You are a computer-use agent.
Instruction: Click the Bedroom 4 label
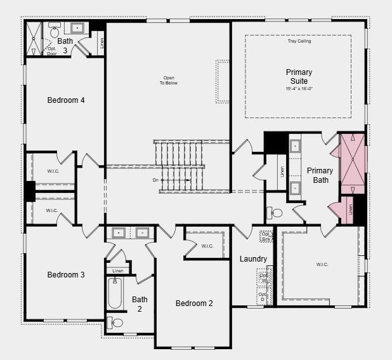point(66,100)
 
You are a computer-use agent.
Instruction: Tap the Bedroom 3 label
point(66,275)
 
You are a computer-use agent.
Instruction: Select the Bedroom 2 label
point(194,303)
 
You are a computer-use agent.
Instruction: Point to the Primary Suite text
point(299,77)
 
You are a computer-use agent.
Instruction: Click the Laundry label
point(253,259)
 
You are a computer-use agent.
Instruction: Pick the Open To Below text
point(168,81)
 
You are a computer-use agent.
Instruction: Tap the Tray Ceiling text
point(299,41)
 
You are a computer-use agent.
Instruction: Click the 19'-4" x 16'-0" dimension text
point(299,89)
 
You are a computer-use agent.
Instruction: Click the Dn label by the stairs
point(156,180)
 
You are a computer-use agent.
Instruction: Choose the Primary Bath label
point(320,175)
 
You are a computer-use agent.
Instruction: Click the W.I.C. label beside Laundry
point(321,264)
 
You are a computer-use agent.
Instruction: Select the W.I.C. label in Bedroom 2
point(207,246)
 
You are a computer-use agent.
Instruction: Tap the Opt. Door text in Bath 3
point(51,51)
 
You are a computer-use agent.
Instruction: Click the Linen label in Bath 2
point(117,271)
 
